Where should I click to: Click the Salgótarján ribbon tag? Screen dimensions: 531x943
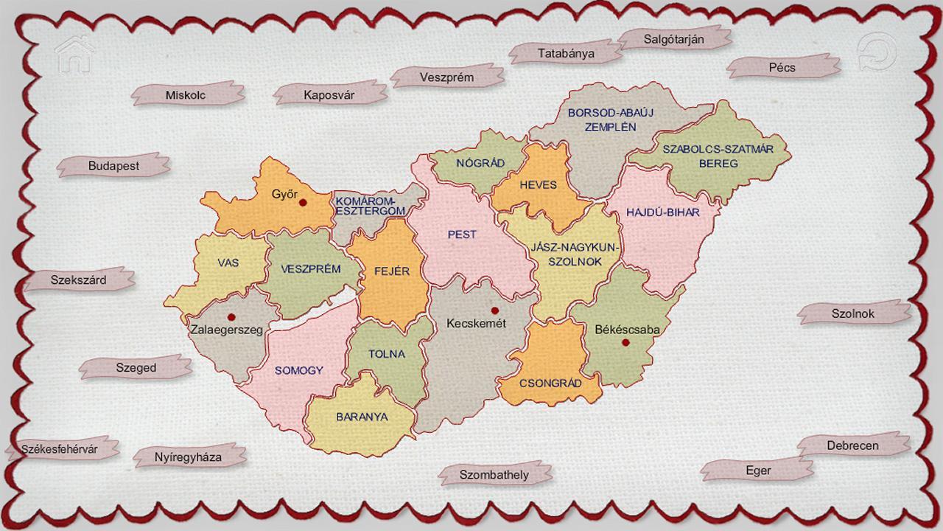(x=674, y=38)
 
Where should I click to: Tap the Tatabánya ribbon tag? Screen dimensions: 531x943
(x=565, y=53)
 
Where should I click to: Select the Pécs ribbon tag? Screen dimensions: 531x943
(x=782, y=67)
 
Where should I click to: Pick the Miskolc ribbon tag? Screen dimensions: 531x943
(x=186, y=95)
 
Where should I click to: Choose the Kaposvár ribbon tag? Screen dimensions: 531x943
(x=329, y=94)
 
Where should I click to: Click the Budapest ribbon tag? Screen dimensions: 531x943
(x=113, y=166)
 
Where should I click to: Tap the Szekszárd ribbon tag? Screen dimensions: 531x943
(x=79, y=280)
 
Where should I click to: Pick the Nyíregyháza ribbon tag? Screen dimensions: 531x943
(x=188, y=457)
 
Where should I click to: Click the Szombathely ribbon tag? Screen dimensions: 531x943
(x=494, y=475)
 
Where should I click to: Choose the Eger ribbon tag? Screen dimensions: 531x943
(x=758, y=471)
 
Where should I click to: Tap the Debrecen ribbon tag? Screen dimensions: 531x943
(x=852, y=446)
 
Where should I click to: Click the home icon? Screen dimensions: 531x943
(x=74, y=55)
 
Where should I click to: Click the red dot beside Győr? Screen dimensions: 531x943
(x=303, y=201)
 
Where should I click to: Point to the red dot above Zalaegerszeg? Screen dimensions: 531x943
(x=231, y=317)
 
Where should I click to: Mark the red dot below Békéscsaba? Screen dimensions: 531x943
(x=625, y=343)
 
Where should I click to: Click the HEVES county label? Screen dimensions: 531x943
(x=538, y=185)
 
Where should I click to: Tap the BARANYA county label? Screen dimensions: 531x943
(x=362, y=417)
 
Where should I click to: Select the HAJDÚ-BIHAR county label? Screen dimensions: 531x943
(x=662, y=212)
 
